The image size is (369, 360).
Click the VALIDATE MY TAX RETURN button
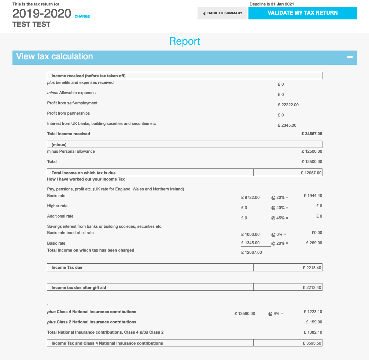point(302,13)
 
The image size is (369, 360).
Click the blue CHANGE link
point(82,16)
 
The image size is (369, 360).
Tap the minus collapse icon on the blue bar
point(350,57)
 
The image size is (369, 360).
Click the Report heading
point(185,41)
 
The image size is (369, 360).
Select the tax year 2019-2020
point(42,14)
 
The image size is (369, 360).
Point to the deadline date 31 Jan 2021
point(281,4)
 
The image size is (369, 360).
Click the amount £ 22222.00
point(288,105)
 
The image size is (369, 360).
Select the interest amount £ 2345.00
point(287,125)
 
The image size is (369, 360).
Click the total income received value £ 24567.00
point(311,134)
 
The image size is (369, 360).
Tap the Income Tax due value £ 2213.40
point(312,268)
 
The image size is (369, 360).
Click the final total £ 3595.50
point(312,344)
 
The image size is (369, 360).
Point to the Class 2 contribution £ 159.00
point(314,322)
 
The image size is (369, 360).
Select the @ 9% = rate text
point(276,313)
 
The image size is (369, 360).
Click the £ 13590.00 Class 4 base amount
point(245,313)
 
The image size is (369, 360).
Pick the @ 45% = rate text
point(280,218)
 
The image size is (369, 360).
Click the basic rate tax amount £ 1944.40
point(313,196)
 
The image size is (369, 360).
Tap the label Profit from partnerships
point(69,113)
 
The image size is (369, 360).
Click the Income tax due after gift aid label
point(79,287)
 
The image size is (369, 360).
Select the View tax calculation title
point(55,56)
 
